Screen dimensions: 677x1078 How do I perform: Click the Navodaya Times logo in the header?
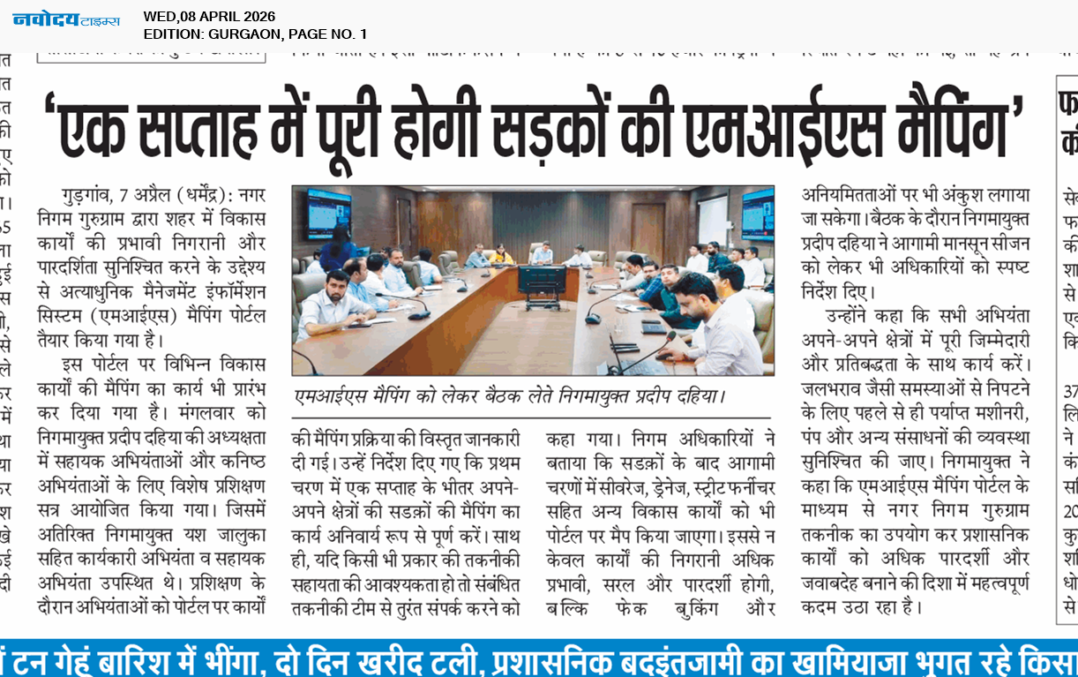(x=66, y=19)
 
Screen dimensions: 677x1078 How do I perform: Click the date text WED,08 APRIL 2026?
(x=209, y=16)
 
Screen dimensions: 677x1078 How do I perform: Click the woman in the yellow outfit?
(x=501, y=256)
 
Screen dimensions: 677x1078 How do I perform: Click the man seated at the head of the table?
(x=543, y=253)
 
